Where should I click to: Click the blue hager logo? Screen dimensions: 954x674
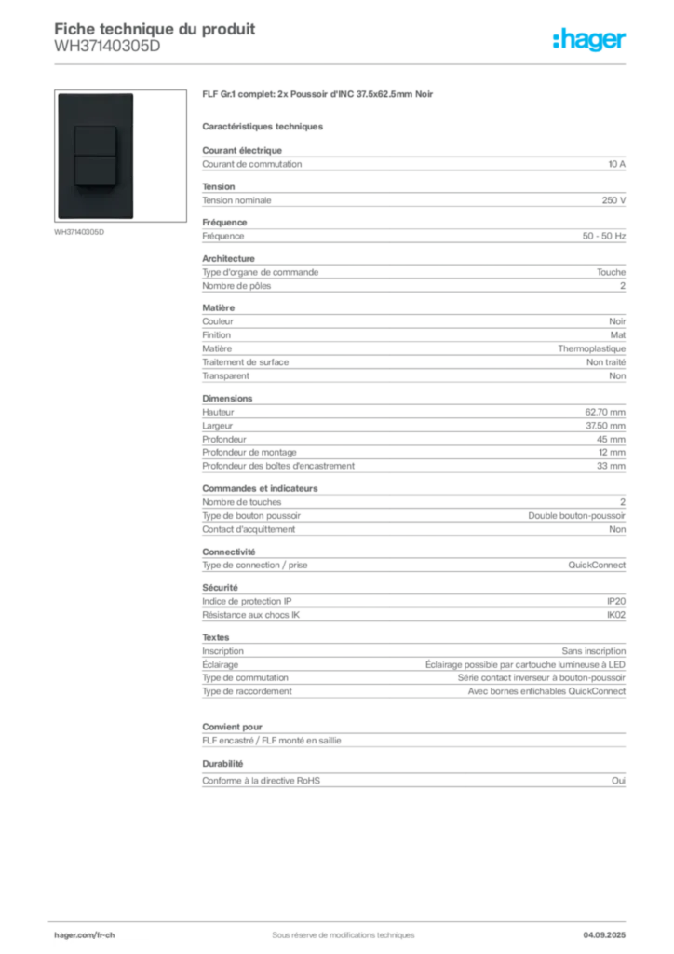point(590,41)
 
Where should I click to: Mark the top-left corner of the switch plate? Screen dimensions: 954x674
point(59,93)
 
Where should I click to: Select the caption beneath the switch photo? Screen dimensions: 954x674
point(82,233)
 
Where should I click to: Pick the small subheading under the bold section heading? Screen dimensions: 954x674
point(263,126)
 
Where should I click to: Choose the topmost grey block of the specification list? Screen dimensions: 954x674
point(412,164)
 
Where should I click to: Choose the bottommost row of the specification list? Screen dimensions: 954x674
point(412,779)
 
